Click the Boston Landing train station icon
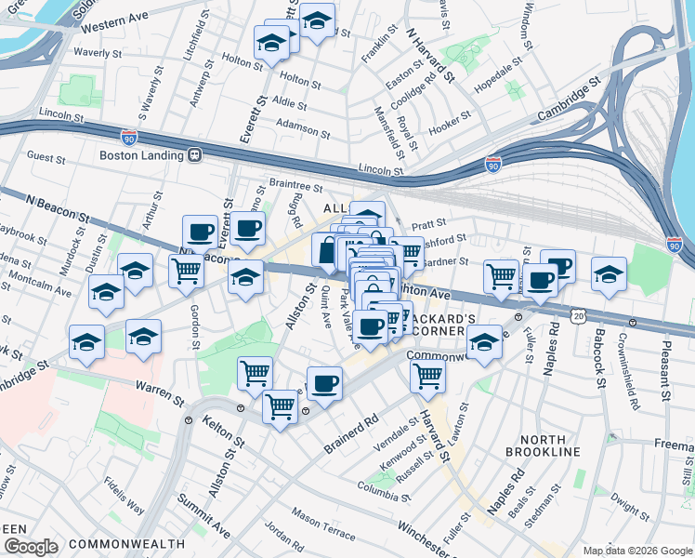(195, 155)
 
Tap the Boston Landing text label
(141, 155)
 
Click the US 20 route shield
(578, 316)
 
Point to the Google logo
(32, 546)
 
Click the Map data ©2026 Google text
(636, 550)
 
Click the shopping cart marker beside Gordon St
(186, 270)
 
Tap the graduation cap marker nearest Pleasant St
(609, 273)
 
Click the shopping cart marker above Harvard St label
(427, 375)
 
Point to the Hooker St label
(452, 125)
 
